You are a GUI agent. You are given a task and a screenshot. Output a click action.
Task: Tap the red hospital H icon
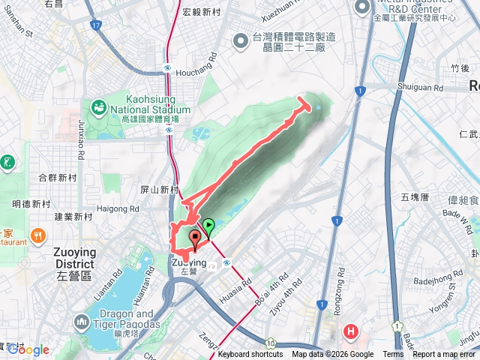coord(350,331)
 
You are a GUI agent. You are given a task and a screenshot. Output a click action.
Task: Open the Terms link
coord(392,355)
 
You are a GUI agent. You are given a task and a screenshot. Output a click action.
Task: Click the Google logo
coord(28,349)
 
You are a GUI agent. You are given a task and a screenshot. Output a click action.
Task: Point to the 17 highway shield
coord(95,25)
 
